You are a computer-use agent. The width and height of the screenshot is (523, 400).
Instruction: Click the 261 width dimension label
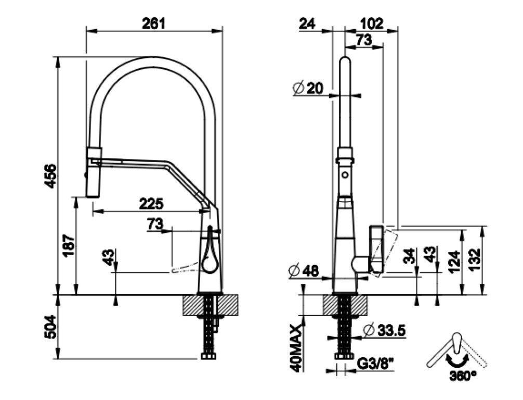point(154,24)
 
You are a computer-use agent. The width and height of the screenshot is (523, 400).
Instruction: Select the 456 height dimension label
point(50,176)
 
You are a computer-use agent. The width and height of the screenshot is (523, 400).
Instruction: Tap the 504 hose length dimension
point(50,327)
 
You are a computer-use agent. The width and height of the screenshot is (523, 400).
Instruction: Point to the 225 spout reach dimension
point(151,204)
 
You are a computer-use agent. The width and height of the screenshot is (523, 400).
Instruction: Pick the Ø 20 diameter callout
point(308,88)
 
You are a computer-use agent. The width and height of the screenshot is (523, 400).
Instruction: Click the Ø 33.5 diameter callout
point(384,330)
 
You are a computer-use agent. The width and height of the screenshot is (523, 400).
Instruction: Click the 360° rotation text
point(463,376)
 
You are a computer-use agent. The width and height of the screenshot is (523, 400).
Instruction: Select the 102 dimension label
point(372,24)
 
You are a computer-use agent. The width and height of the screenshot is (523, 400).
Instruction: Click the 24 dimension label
point(307,24)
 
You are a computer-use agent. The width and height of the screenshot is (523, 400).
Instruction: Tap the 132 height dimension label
point(475,259)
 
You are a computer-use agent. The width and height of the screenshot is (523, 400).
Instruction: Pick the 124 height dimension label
point(454,261)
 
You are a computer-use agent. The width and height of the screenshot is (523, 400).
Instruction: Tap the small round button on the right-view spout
point(345,175)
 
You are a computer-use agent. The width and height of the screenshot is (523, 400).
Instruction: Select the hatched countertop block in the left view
point(210,305)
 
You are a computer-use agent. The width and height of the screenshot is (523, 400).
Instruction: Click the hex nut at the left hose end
point(209,356)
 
